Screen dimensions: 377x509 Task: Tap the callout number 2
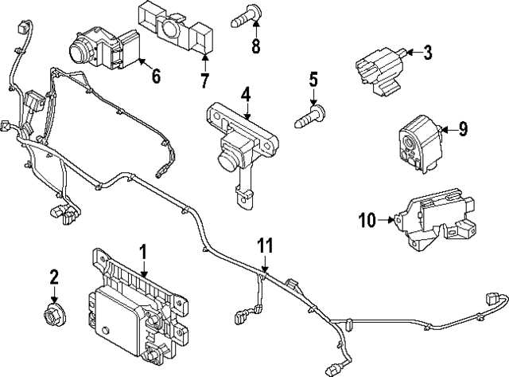[x=54, y=277]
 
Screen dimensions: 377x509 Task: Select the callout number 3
[x=427, y=53]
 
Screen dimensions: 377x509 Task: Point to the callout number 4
[x=246, y=95]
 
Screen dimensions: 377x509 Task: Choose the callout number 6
[x=155, y=77]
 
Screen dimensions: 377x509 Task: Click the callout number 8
[x=255, y=45]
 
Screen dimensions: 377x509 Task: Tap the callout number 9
[x=464, y=127]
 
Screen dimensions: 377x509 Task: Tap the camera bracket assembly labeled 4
[x=243, y=143]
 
